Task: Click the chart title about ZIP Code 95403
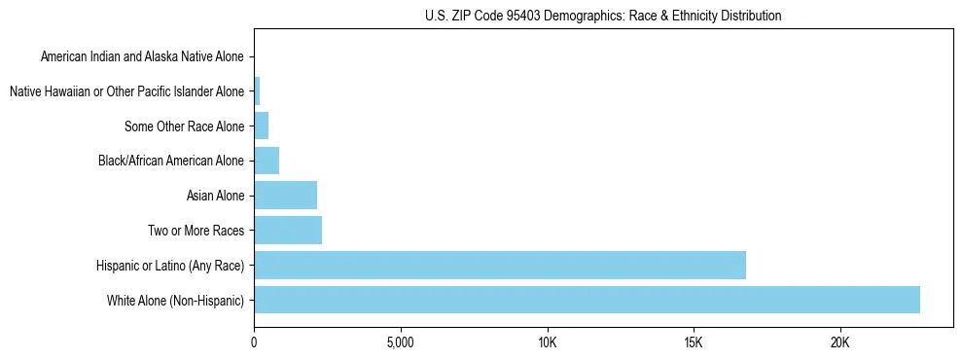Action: tap(603, 16)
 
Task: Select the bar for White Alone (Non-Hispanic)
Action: tap(587, 300)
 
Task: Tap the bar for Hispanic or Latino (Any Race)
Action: tap(500, 266)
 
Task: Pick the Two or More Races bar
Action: tap(288, 231)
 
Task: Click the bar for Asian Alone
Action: tap(285, 196)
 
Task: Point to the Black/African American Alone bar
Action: tap(267, 161)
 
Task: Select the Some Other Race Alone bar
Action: tap(261, 126)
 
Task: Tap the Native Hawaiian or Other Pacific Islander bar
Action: tap(257, 91)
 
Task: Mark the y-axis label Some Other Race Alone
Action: tap(185, 126)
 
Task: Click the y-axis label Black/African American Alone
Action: tap(171, 161)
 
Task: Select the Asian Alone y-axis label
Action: tap(215, 196)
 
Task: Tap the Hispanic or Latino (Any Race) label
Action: tap(170, 266)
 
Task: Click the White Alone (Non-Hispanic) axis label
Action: tap(176, 301)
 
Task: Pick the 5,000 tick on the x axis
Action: tap(400, 342)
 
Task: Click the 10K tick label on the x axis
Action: tap(547, 342)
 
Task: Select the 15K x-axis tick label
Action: tap(694, 342)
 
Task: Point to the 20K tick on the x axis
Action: tap(839, 342)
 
